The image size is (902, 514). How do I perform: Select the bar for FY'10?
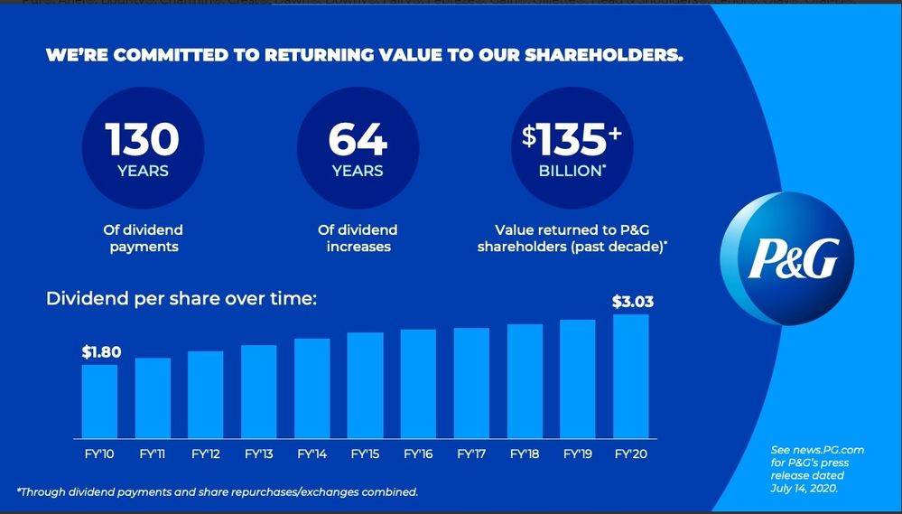[99, 401]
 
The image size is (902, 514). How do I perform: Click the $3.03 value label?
[632, 302]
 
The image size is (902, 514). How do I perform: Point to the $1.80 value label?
[101, 351]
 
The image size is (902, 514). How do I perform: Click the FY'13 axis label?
[259, 453]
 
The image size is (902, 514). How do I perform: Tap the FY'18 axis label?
[524, 453]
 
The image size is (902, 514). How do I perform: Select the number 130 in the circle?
[143, 140]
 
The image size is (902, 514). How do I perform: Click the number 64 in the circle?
[358, 140]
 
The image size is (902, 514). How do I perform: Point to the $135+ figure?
[572, 140]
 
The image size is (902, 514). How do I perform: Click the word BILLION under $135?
[571, 171]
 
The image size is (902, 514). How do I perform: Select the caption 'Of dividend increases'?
[358, 238]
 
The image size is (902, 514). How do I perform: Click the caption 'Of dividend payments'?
[143, 238]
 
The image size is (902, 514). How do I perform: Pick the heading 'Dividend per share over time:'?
[181, 297]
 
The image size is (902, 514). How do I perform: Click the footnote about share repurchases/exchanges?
[217, 491]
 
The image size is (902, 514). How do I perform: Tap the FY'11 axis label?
[153, 453]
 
